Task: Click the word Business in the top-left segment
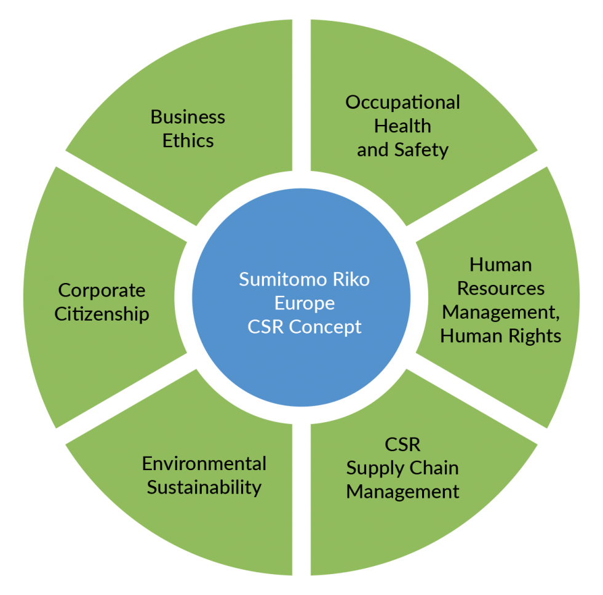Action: pos(188,117)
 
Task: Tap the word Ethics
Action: pos(188,140)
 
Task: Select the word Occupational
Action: pos(402,102)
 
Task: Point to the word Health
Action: pos(402,126)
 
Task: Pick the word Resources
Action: pos(501,288)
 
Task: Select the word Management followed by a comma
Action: pos(501,312)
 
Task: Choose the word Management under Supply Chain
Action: pos(402,492)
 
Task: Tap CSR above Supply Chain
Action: pos(402,444)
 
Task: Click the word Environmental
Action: pos(204,463)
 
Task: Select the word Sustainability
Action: pos(204,487)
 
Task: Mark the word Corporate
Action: pos(102,290)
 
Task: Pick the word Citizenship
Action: pos(102,314)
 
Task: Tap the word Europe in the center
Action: pos(305,303)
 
